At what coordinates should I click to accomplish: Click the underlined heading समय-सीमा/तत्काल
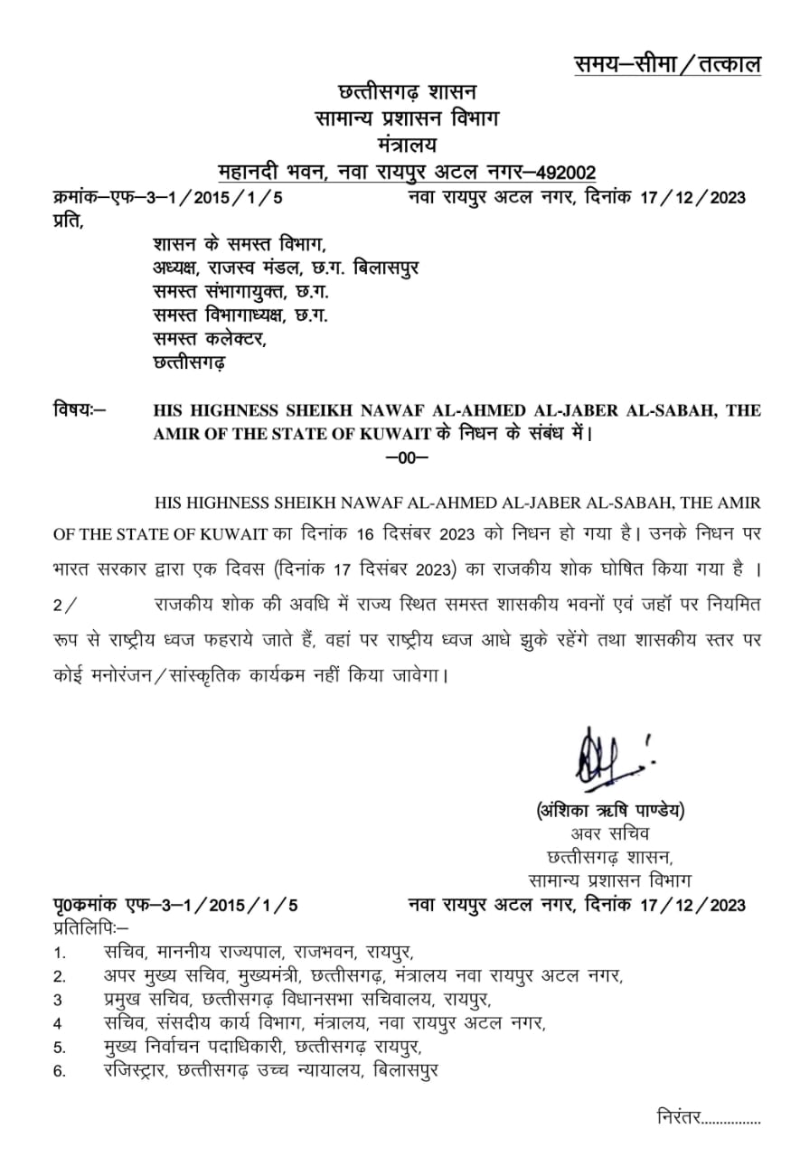667,64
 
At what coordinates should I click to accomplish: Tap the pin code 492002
566,172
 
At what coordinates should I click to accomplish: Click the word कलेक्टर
235,339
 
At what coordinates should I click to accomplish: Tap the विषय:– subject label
80,410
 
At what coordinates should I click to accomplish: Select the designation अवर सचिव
609,832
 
